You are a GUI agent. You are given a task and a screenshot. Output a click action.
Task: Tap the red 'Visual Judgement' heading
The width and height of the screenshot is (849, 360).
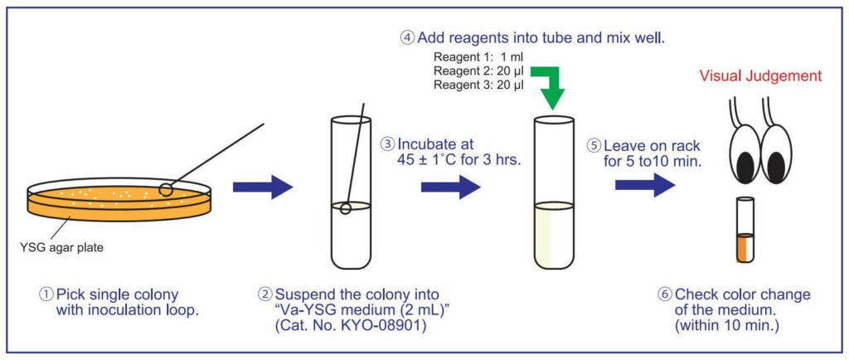pos(760,75)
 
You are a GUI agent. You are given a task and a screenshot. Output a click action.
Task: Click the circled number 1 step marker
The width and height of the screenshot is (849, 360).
pos(47,294)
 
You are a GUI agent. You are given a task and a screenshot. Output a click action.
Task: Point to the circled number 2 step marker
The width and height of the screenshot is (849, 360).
pos(264,294)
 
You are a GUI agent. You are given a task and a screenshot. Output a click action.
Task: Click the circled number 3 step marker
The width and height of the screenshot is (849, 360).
pos(386,143)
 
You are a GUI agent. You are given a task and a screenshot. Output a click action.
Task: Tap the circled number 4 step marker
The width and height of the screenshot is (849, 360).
pos(406,37)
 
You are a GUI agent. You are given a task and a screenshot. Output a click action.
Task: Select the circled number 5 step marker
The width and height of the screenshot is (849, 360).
pos(593,143)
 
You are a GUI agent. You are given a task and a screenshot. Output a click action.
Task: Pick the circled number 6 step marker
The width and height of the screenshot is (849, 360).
pos(664,294)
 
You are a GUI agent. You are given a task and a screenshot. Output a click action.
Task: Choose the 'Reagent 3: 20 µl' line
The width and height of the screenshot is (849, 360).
pos(478,85)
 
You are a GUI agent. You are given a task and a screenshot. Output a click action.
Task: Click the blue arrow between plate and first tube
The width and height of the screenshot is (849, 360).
pos(263,187)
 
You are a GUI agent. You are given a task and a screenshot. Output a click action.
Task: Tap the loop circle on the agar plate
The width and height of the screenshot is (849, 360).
pos(167,189)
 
